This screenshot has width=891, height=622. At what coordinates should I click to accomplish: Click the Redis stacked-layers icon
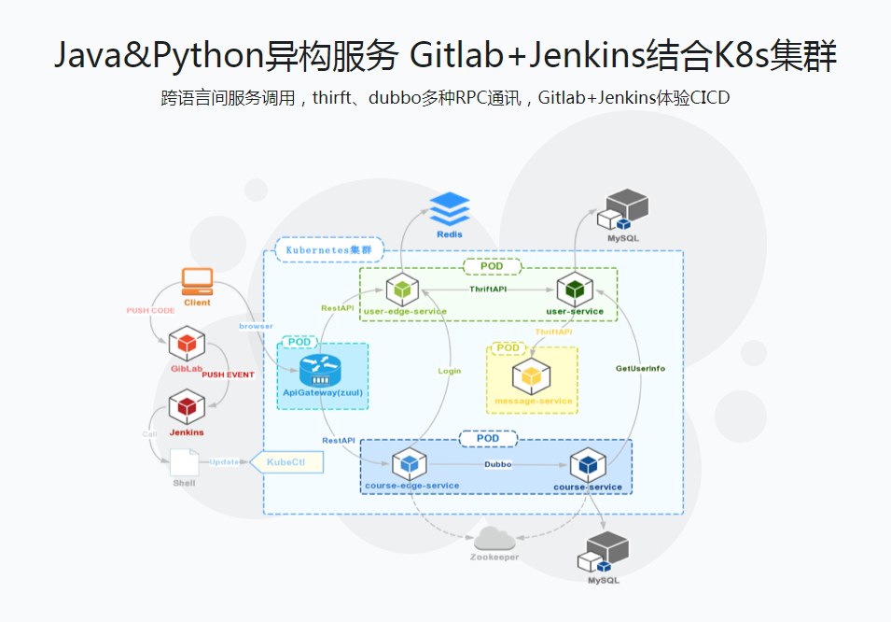point(450,208)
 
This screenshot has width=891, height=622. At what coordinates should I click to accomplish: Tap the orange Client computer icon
point(197,280)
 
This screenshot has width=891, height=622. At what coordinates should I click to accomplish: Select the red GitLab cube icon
point(187,344)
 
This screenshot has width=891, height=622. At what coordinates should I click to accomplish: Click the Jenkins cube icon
point(187,407)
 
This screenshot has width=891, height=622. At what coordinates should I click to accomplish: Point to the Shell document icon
point(184,461)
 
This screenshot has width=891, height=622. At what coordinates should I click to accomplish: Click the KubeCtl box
point(287,462)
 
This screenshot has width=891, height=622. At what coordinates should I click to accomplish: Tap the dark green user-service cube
point(575,290)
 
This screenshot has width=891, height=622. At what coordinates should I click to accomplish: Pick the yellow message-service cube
point(531,377)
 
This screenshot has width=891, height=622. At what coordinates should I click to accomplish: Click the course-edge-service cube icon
point(410,463)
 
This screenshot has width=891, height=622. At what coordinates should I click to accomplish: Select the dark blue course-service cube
point(588,463)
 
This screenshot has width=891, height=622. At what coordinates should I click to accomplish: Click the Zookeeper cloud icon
point(494,538)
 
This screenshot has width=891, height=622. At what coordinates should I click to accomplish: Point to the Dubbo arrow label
point(497,464)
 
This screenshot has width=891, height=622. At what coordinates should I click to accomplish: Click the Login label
point(450,371)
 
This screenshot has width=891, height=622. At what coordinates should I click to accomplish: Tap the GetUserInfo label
point(640,368)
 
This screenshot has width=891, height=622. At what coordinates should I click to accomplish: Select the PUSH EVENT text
point(228,375)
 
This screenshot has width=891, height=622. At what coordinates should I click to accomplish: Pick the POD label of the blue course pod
point(487,438)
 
